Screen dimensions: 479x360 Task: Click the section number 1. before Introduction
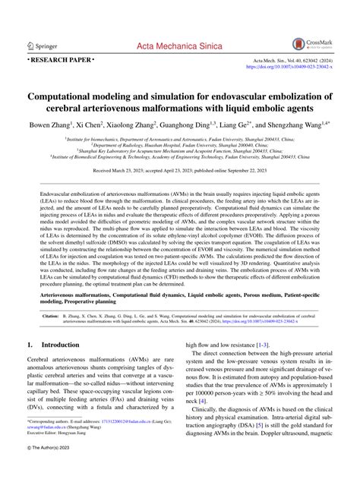[31, 345]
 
